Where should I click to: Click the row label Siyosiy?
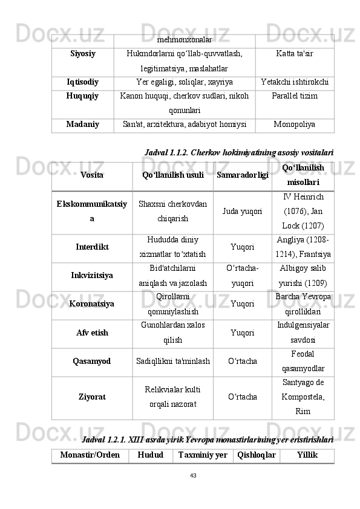[83, 54]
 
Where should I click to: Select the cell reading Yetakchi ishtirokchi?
[295, 82]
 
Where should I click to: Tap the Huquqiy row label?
[83, 96]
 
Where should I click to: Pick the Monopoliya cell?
[295, 125]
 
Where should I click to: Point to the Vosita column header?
[91, 175]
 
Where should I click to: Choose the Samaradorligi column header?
[243, 175]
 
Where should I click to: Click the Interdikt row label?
[92, 247]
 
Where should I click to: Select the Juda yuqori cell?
[243, 212]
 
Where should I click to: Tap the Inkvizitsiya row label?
[92, 276]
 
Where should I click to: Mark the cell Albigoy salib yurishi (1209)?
[303, 276]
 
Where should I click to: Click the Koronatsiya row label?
[92, 304]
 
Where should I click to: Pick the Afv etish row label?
[92, 332]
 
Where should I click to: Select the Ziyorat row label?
[92, 397]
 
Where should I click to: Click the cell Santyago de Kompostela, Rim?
[303, 397]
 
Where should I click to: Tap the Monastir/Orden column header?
[90, 455]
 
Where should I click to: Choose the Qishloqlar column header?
[257, 455]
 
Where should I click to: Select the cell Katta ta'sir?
[295, 54]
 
